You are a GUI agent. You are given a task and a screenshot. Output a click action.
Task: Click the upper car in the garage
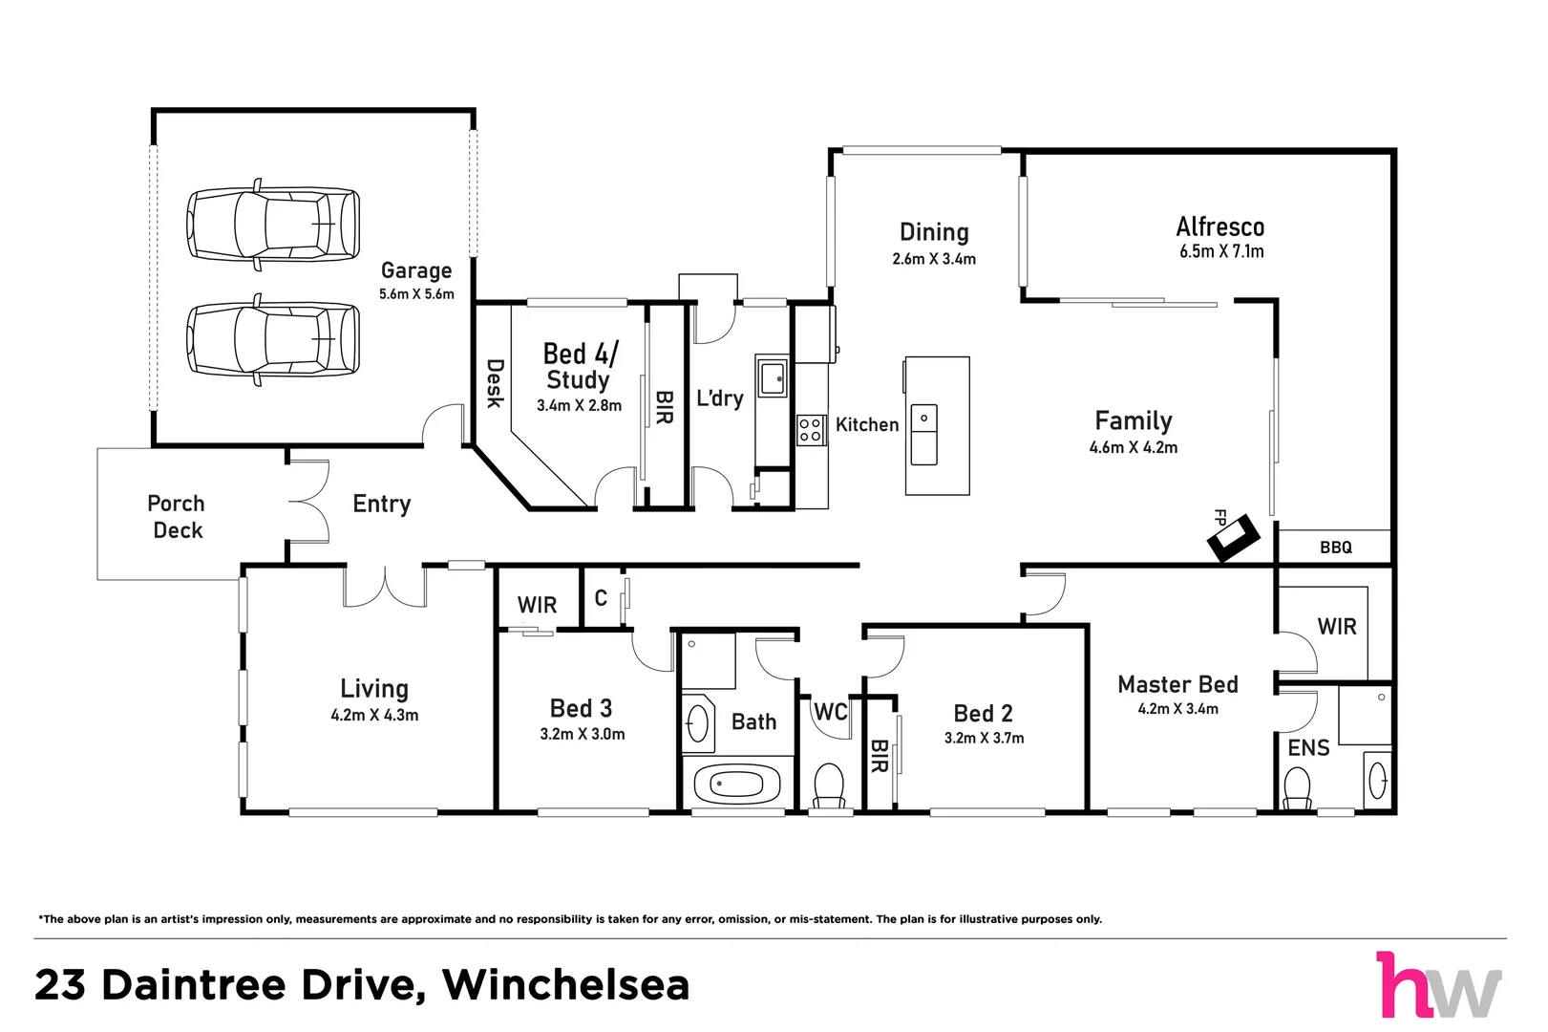pos(273,223)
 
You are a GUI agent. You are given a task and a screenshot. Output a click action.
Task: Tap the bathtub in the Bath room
pos(730,785)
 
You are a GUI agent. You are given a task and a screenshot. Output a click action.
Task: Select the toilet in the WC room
pos(828,785)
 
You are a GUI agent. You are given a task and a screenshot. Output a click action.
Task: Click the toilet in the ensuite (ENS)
pos(1297,790)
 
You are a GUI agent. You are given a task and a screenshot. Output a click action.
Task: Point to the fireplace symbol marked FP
pos(1233,538)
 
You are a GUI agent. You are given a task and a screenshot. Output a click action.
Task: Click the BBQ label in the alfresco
pos(1335,548)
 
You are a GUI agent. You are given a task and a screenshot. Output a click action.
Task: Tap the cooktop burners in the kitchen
pos(811,430)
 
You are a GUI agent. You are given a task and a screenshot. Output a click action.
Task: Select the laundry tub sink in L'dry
pos(772,377)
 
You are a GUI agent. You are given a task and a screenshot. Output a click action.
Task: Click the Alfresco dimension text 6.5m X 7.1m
pos(1220,251)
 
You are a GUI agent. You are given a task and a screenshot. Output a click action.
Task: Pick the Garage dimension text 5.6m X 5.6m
pos(416,294)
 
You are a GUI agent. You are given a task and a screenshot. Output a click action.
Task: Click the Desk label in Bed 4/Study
pos(495,383)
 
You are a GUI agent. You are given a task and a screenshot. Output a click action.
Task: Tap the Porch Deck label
pos(177,517)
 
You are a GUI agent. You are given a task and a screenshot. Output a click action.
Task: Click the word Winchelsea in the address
pos(565,985)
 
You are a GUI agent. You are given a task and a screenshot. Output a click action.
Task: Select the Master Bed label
pos(1177,684)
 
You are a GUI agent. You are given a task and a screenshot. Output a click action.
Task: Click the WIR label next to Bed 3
pos(537,605)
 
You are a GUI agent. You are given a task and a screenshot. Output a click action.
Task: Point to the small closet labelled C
pos(601,598)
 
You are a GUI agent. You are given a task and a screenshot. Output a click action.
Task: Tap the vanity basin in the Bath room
pos(698,722)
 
